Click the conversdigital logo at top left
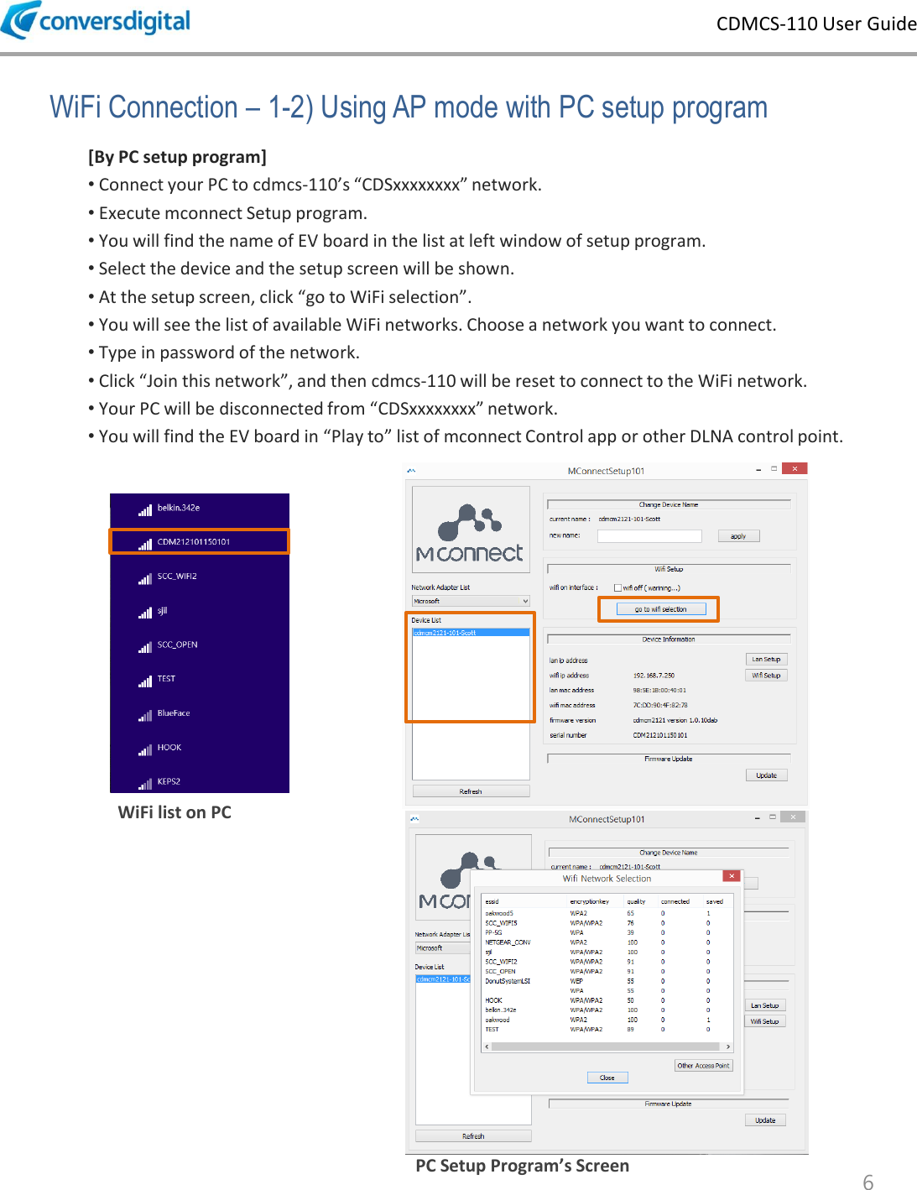[x=96, y=20]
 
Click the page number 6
[x=868, y=1182]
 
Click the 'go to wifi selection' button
[x=660, y=609]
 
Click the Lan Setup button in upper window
[x=766, y=660]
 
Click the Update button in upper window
[x=766, y=775]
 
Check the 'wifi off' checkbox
[x=618, y=588]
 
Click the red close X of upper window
[x=795, y=469]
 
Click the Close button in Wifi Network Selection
[x=607, y=1078]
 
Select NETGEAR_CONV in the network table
[x=508, y=942]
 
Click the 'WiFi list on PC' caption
[x=175, y=812]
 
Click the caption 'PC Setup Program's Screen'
[x=522, y=1166]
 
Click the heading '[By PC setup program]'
[x=177, y=157]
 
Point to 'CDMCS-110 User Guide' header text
[x=815, y=23]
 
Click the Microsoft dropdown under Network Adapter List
[x=470, y=601]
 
